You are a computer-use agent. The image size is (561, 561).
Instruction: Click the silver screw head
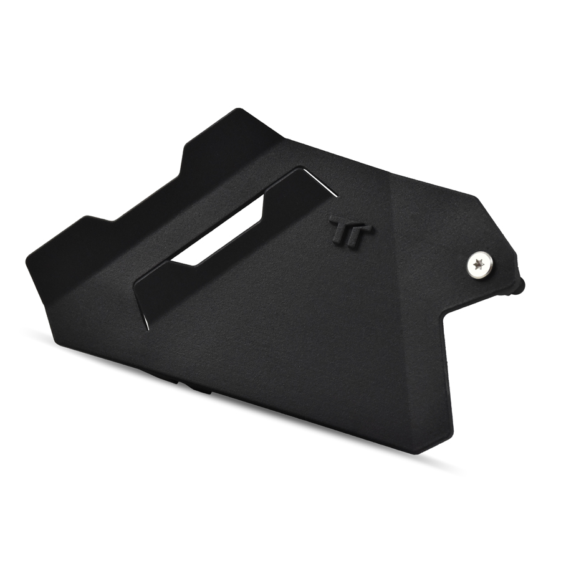click(x=479, y=265)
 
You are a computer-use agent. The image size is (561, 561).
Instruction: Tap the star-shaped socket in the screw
click(x=478, y=265)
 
